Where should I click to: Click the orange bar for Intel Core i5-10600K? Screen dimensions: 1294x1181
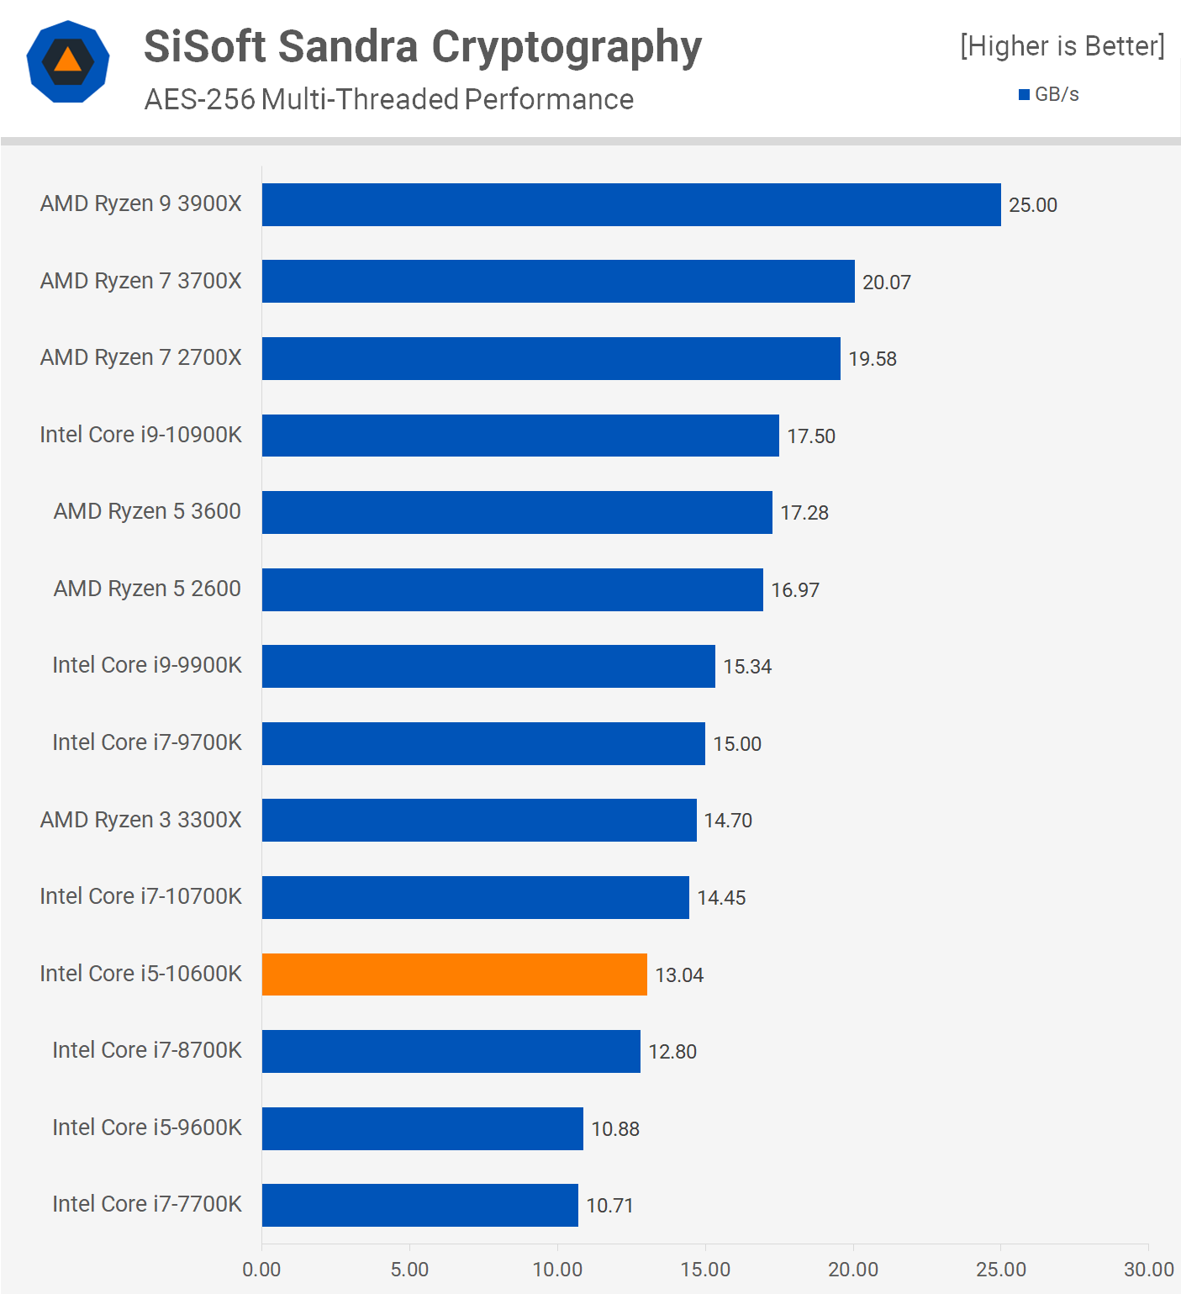454,974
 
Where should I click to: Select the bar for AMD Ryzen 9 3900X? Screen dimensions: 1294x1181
630,204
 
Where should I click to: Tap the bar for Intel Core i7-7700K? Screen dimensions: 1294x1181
419,1205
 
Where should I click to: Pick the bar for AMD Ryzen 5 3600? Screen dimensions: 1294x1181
516,512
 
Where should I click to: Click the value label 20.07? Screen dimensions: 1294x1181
886,283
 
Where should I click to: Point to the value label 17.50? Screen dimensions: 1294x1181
810,436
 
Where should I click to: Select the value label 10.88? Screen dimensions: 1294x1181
614,1129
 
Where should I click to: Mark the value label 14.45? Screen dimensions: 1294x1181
721,898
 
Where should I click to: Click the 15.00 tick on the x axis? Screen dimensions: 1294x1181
705,1270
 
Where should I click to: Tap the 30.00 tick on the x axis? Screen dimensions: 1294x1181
1148,1270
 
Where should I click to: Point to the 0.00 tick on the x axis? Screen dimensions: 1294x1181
261,1270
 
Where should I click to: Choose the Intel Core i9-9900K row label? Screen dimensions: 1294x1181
146,665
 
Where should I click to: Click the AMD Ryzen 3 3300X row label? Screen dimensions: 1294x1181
140,820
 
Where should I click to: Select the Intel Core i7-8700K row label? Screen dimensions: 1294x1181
146,1050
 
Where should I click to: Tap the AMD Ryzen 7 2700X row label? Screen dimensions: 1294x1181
140,357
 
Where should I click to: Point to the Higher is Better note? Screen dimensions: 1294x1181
1062,45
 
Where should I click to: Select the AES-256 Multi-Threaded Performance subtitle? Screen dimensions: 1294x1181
388,99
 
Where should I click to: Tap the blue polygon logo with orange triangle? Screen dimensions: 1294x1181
68,61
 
